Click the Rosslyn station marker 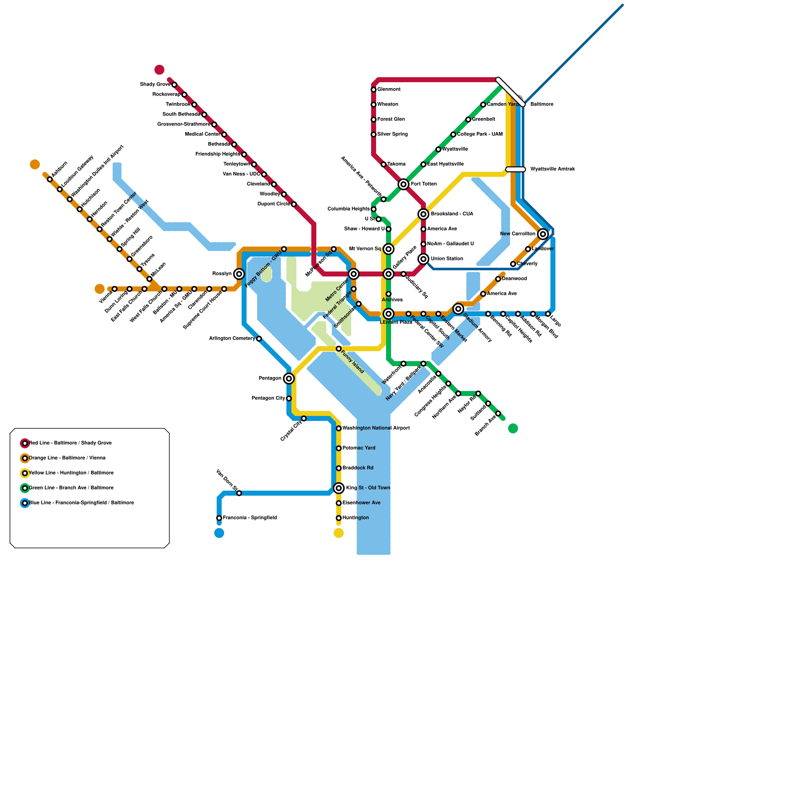point(239,274)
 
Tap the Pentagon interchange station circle point(289,379)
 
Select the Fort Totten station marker point(403,184)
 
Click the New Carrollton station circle point(543,234)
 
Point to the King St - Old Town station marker point(339,488)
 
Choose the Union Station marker point(423,259)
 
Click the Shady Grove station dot point(174,85)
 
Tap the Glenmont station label point(389,90)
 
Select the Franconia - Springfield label point(250,518)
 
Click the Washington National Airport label point(376,428)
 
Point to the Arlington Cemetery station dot point(259,339)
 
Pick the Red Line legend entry point(70,443)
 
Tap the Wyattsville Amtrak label point(552,169)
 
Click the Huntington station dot point(339,518)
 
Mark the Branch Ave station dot point(498,413)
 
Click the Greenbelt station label point(483,120)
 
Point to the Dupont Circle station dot point(294,204)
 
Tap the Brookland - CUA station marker point(423,214)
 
